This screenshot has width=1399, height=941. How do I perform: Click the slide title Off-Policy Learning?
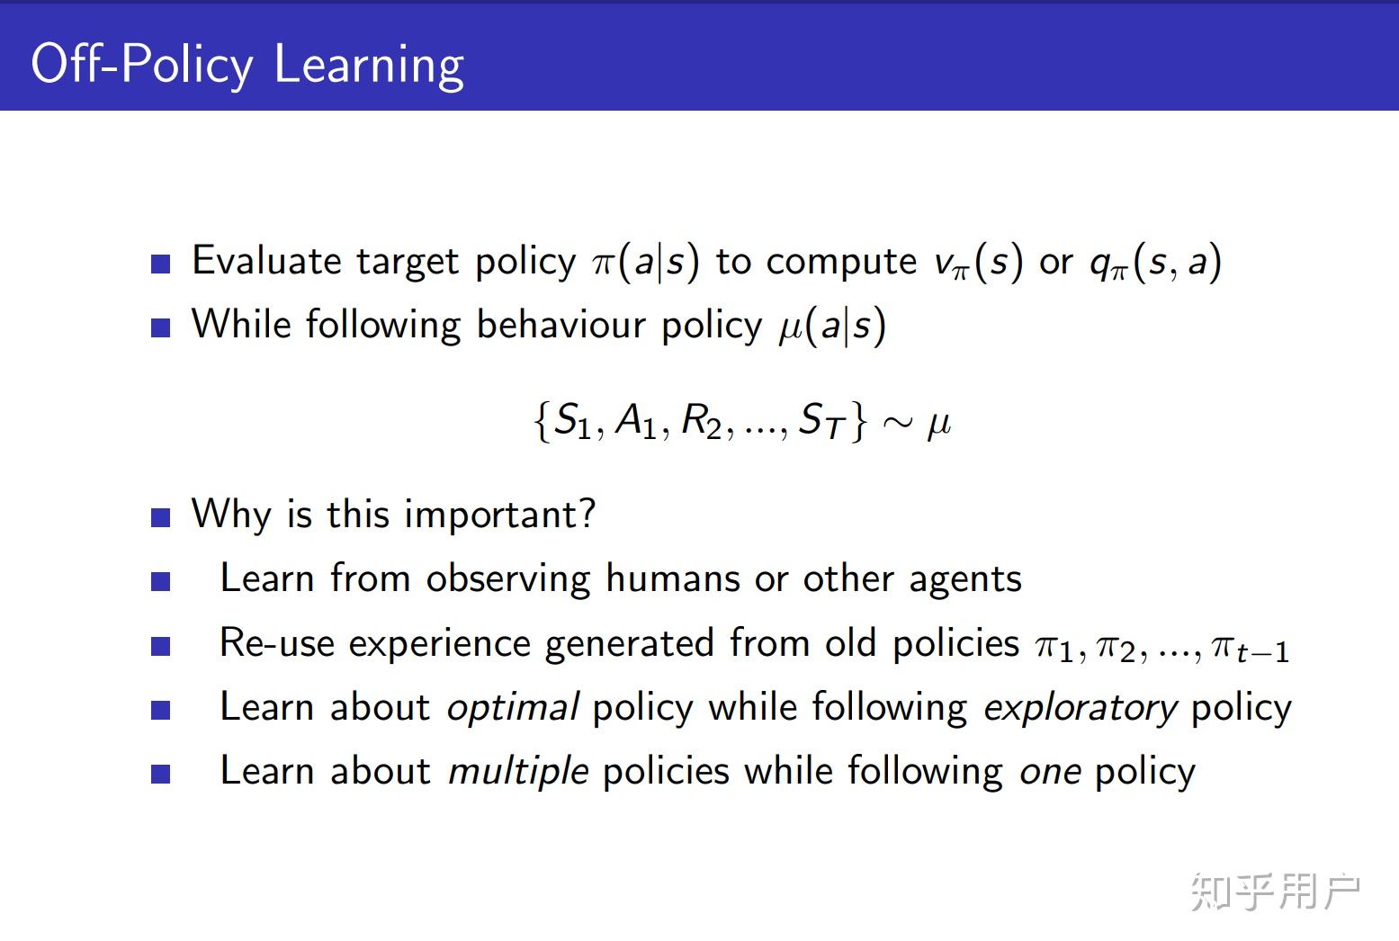click(x=247, y=65)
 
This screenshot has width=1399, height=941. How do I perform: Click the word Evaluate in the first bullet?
click(x=266, y=261)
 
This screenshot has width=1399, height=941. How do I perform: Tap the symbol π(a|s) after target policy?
click(x=645, y=262)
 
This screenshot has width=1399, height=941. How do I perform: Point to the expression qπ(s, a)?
click(x=1154, y=262)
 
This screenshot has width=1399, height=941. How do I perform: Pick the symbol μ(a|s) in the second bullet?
click(x=832, y=326)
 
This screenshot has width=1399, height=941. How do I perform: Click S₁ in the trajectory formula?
click(x=571, y=421)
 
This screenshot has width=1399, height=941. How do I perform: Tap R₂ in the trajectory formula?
click(x=702, y=421)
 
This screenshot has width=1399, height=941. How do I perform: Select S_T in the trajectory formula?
click(x=821, y=421)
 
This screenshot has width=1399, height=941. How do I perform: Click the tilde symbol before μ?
click(x=897, y=423)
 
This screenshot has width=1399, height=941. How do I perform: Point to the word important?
click(x=499, y=515)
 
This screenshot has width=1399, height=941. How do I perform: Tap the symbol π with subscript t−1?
click(x=1251, y=647)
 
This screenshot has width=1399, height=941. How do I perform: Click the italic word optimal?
click(x=512, y=708)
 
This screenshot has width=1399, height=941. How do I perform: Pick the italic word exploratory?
click(x=1080, y=708)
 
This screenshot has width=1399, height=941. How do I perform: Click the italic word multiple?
click(x=518, y=772)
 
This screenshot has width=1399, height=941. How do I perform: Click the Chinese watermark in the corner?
click(x=1275, y=892)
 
